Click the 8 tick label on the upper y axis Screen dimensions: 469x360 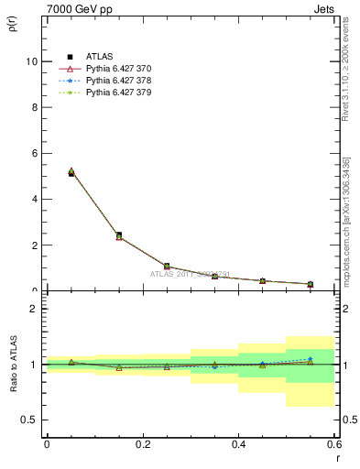tap(34, 107)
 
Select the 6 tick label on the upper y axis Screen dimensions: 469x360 tap(34, 153)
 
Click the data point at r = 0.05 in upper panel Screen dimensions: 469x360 tap(71, 172)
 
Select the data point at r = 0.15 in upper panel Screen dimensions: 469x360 tap(119, 235)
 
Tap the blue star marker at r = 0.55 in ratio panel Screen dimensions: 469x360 tap(311, 359)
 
